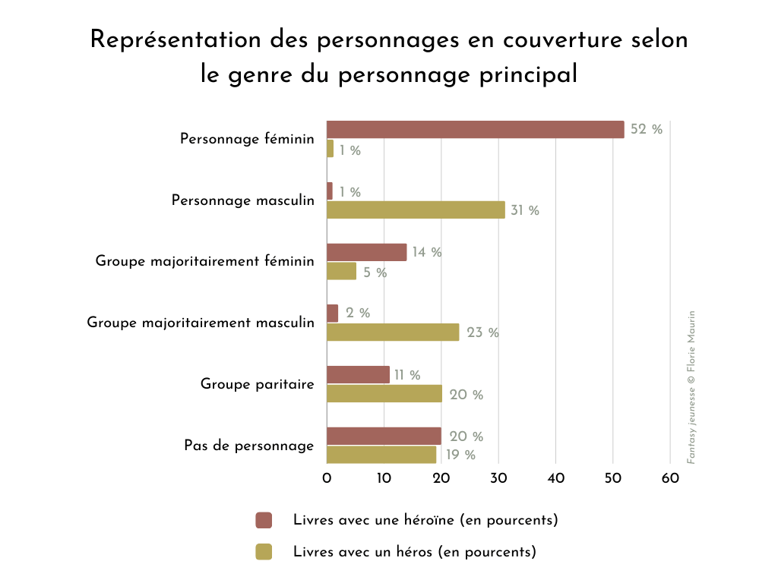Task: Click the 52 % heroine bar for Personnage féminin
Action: (x=475, y=130)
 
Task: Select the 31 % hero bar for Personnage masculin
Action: (x=416, y=210)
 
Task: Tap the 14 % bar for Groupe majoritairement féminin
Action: (x=366, y=252)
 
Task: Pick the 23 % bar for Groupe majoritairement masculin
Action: (x=393, y=332)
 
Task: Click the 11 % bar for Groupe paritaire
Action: (x=358, y=375)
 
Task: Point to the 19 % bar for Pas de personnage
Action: (x=381, y=455)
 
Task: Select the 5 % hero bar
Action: (x=341, y=271)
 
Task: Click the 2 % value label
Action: (x=357, y=314)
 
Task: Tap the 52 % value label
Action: (x=647, y=130)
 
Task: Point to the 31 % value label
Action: (x=524, y=210)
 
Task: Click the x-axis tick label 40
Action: (x=555, y=478)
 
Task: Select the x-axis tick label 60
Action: (x=669, y=478)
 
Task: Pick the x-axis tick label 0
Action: (x=327, y=478)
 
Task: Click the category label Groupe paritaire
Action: (x=257, y=384)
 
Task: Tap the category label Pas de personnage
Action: (x=248, y=446)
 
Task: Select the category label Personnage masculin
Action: (x=242, y=200)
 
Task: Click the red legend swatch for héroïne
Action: (x=264, y=520)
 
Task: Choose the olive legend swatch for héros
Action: (x=264, y=552)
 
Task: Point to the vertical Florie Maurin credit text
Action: (x=691, y=387)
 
